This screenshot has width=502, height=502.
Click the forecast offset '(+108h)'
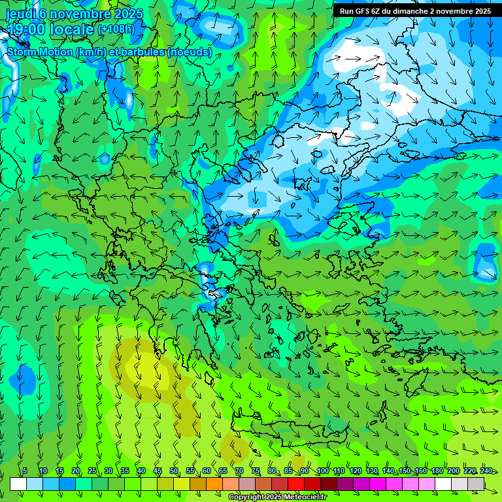click(x=116, y=29)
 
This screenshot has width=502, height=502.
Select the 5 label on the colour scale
click(x=25, y=471)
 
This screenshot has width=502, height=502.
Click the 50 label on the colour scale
click(x=174, y=471)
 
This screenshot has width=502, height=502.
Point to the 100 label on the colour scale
click(x=322, y=471)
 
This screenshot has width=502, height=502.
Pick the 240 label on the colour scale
click(x=486, y=471)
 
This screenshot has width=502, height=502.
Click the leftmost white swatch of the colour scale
click(x=18, y=484)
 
